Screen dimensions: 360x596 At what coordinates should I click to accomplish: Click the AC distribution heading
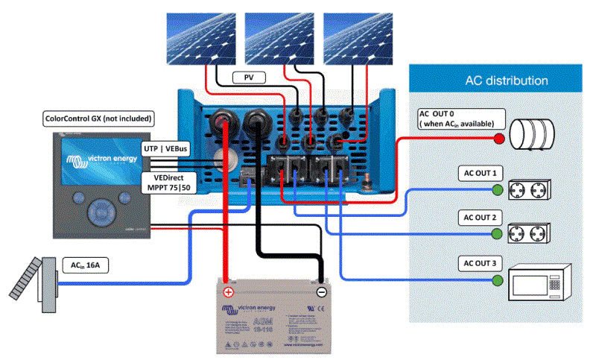click(507, 80)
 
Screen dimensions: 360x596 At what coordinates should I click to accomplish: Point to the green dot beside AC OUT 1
click(497, 190)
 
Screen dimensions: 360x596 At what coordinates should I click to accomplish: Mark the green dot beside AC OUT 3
click(497, 280)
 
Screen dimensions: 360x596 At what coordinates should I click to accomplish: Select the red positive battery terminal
click(229, 291)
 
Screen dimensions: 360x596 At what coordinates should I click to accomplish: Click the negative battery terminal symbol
click(321, 291)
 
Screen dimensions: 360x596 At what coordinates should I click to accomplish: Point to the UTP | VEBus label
click(165, 149)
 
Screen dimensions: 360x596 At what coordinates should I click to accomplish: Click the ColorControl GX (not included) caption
click(98, 119)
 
